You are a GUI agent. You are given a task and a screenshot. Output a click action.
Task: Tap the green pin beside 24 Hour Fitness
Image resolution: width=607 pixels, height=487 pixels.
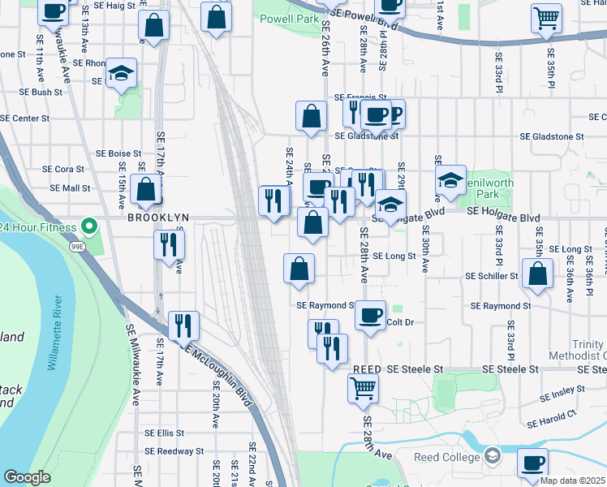click(x=91, y=226)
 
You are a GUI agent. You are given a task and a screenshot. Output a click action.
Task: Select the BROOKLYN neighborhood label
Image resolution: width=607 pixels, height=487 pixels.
click(x=157, y=218)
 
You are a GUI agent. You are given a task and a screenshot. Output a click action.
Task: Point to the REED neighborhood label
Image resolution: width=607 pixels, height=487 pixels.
click(x=367, y=368)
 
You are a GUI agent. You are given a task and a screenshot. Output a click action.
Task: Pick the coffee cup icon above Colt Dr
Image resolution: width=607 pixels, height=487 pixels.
click(x=371, y=315)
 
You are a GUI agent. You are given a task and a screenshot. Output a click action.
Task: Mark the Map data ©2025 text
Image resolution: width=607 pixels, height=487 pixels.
click(x=573, y=481)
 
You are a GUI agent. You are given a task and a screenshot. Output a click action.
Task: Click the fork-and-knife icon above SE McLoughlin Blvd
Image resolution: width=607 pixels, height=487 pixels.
click(x=183, y=326)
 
